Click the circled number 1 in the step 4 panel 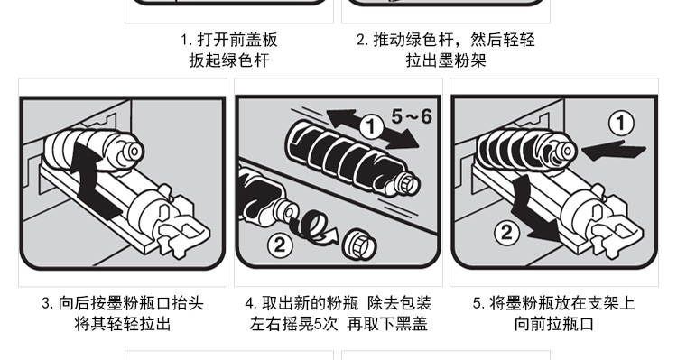tap(371, 127)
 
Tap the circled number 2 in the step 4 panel tap(280, 245)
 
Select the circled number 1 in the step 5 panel tap(621, 123)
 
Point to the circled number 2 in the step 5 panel tap(506, 233)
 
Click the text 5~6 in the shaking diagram tap(412, 116)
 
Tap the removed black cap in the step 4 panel tap(359, 244)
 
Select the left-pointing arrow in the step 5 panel tap(614, 151)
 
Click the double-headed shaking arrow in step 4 tap(373, 129)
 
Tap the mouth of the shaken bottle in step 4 tap(407, 183)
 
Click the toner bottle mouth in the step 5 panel tap(567, 152)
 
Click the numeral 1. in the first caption tap(187, 40)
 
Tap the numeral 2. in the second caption tap(363, 40)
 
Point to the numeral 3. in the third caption tap(48, 303)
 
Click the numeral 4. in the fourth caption tap(251, 303)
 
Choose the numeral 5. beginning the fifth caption tap(478, 303)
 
